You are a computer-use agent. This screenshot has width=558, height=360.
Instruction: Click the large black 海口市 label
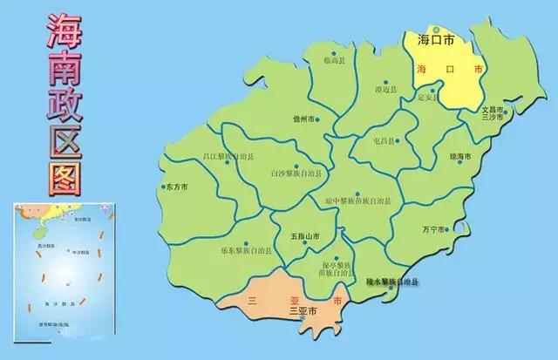(x=437, y=40)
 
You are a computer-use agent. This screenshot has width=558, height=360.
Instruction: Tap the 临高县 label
(x=335, y=59)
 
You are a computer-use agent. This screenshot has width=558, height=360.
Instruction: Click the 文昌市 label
(x=493, y=109)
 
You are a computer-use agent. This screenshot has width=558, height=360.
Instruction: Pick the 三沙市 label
(x=494, y=118)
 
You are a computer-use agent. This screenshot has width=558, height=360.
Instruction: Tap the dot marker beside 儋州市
(x=317, y=119)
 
